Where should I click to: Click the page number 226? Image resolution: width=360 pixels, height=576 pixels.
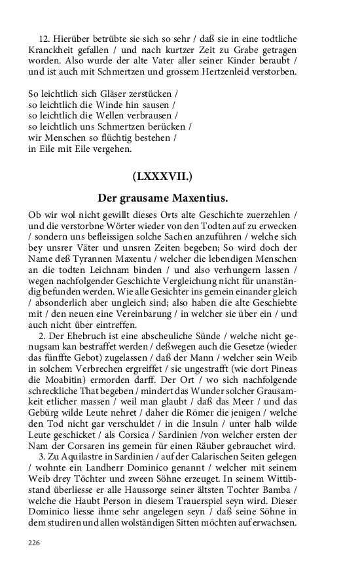pos(35,543)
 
